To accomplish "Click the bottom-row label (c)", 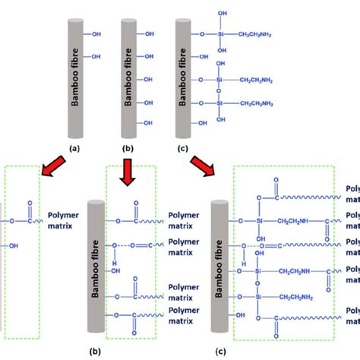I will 221,351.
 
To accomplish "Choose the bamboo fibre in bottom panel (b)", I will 96,266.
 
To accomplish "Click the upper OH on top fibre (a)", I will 96,34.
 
